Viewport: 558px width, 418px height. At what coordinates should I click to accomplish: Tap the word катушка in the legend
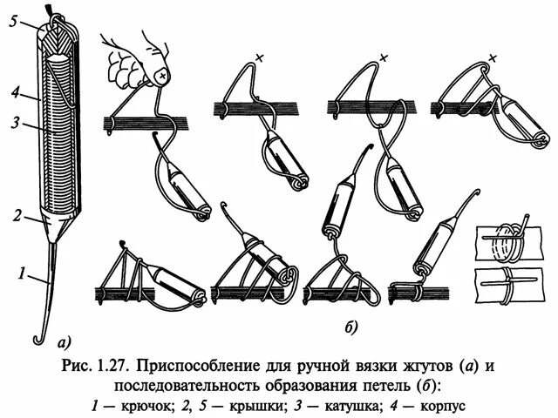coord(356,406)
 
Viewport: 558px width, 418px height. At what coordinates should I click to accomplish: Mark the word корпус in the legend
coord(444,406)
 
